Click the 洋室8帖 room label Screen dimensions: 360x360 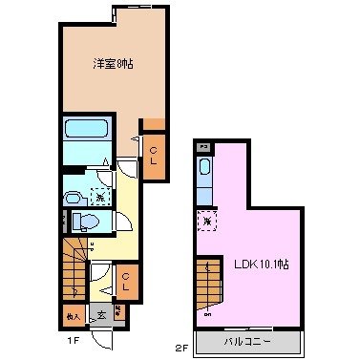tap(112, 64)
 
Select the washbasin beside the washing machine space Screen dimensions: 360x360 tap(74, 196)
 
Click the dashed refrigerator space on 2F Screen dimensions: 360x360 tap(205, 221)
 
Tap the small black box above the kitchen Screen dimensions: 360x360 tap(203, 147)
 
